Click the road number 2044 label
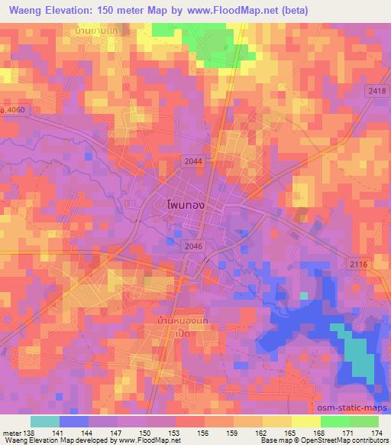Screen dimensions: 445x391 (193, 159)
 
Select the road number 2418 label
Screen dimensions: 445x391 (377, 91)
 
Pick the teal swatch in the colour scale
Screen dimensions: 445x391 (45, 421)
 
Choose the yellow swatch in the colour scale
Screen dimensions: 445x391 (305, 421)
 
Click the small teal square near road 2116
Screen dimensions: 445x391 (304, 294)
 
